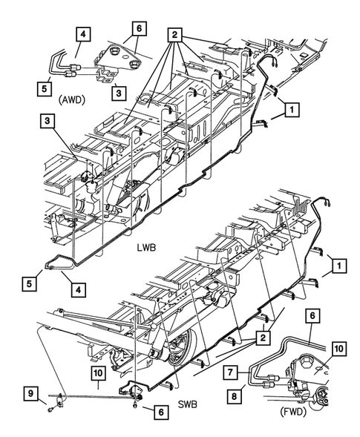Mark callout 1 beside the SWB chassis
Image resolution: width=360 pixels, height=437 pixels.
tap(338, 265)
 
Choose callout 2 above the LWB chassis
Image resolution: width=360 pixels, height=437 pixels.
tap(174, 33)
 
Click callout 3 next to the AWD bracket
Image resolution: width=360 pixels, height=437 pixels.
tap(117, 93)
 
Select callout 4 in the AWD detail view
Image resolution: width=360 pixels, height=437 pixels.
tap(82, 33)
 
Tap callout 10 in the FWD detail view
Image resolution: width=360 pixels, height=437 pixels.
tap(339, 349)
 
